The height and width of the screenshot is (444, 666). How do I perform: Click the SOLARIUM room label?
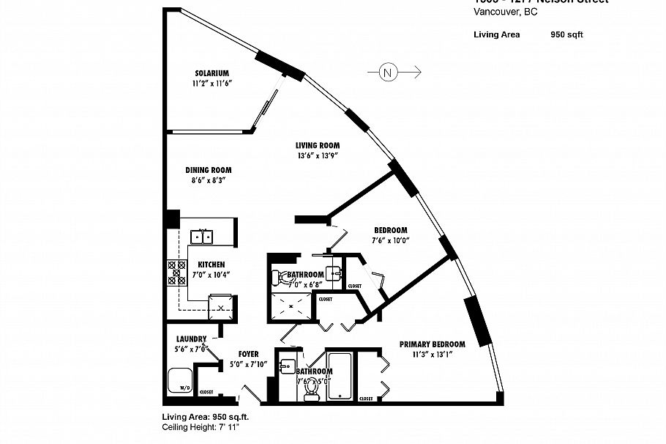tap(212, 73)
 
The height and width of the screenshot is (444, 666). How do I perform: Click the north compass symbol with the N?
tap(388, 72)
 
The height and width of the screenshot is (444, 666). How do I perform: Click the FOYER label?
tap(249, 353)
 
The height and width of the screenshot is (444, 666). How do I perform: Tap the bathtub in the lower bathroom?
tap(341, 377)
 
